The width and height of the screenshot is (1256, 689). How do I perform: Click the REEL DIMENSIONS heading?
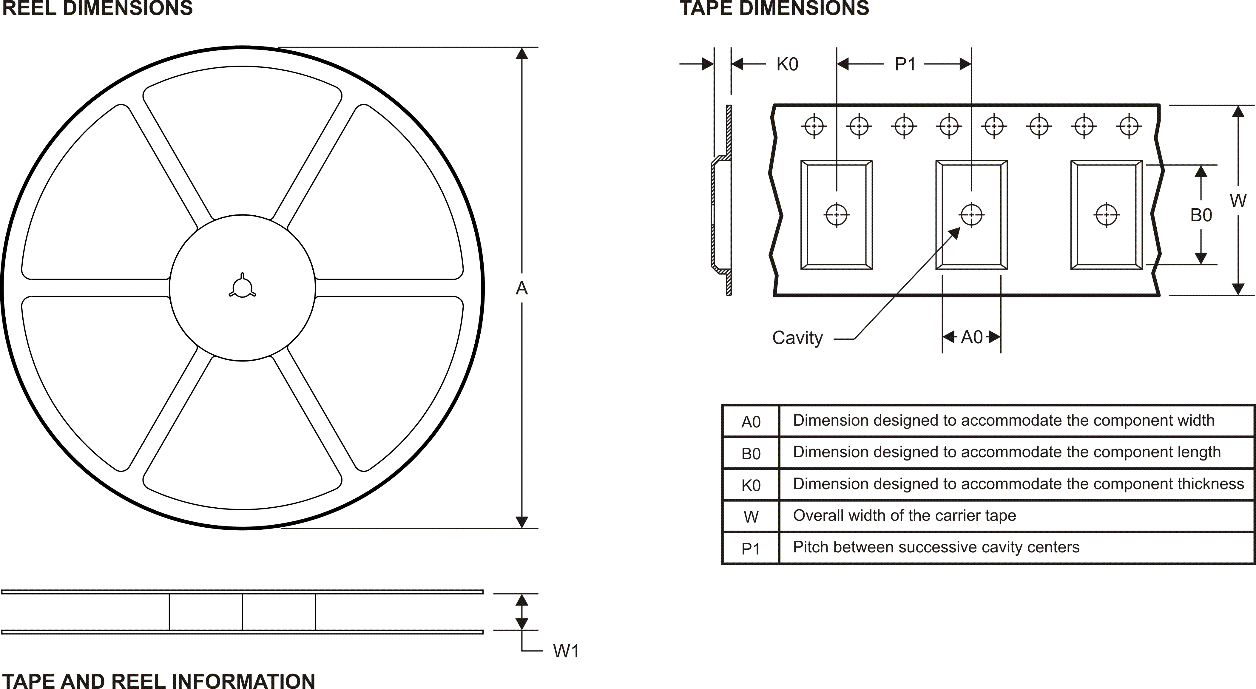coord(98,8)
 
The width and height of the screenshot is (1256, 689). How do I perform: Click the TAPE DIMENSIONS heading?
coord(774,8)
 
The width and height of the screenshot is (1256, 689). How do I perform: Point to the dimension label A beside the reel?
coord(522,289)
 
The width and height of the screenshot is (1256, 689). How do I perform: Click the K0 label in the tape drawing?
coord(787,64)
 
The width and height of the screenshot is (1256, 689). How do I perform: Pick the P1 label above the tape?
coord(905,64)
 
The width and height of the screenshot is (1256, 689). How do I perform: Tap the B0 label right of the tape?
coord(1201,215)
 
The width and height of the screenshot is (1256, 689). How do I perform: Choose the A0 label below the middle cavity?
coord(972,337)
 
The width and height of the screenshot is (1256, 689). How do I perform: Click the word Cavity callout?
coord(797,337)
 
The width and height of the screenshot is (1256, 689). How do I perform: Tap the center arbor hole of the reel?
coord(242,288)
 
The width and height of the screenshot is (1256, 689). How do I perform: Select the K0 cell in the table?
coord(751,485)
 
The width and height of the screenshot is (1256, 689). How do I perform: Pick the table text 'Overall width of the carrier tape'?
coord(905,515)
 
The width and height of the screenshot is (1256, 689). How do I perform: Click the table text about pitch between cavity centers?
coord(936,547)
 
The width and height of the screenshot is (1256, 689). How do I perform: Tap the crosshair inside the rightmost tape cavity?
coord(1106,214)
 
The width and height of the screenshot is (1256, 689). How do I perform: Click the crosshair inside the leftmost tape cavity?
coord(837,214)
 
